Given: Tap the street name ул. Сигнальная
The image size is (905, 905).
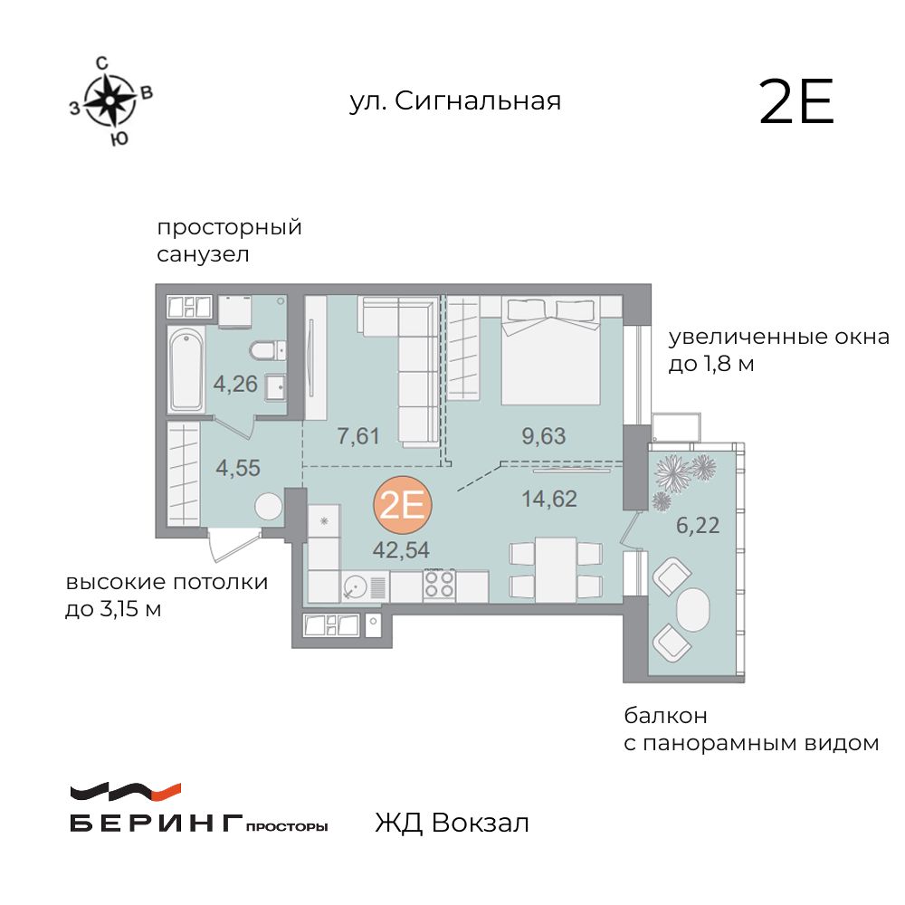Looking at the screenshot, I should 455,100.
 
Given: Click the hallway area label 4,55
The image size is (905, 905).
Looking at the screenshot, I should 238,469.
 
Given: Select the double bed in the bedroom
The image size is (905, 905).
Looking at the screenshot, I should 550,353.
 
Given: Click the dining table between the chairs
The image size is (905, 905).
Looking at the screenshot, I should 555,568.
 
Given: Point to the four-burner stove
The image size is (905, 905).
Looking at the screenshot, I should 439,585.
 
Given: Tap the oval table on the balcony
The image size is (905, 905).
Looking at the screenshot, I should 693,612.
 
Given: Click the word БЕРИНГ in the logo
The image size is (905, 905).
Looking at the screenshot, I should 155,824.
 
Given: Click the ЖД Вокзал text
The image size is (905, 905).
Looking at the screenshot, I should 451,824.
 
